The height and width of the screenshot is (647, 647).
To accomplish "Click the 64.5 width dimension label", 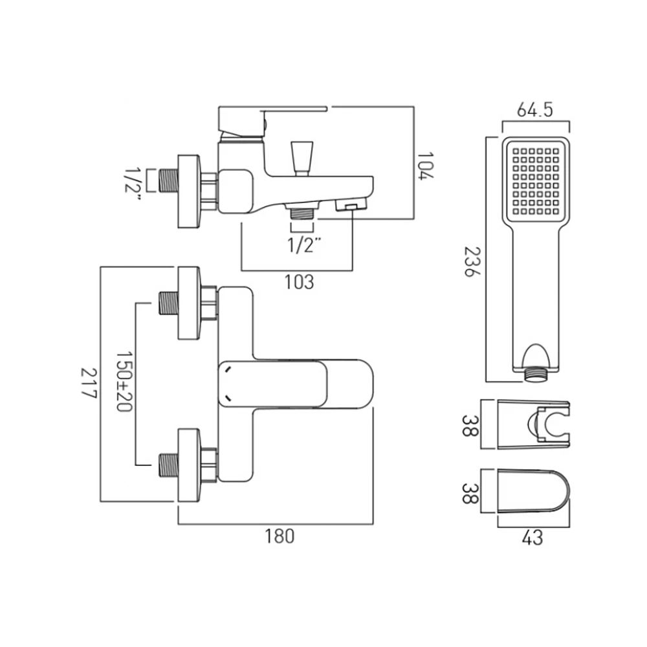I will coord(534,111).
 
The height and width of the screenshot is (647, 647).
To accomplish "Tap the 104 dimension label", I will coord(425,166).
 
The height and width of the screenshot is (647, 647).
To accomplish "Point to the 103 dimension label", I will coord(298,282).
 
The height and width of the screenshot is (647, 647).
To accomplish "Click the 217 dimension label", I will coord(88,384).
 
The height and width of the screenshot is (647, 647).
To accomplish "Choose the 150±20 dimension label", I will coord(124,382).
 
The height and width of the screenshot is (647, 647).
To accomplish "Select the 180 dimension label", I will coord(280,536).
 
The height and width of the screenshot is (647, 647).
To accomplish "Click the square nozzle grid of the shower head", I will coord(535,181).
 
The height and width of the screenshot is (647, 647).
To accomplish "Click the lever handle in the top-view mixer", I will coord(294,384).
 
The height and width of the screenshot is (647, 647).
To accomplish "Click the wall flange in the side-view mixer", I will coord(189,192).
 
